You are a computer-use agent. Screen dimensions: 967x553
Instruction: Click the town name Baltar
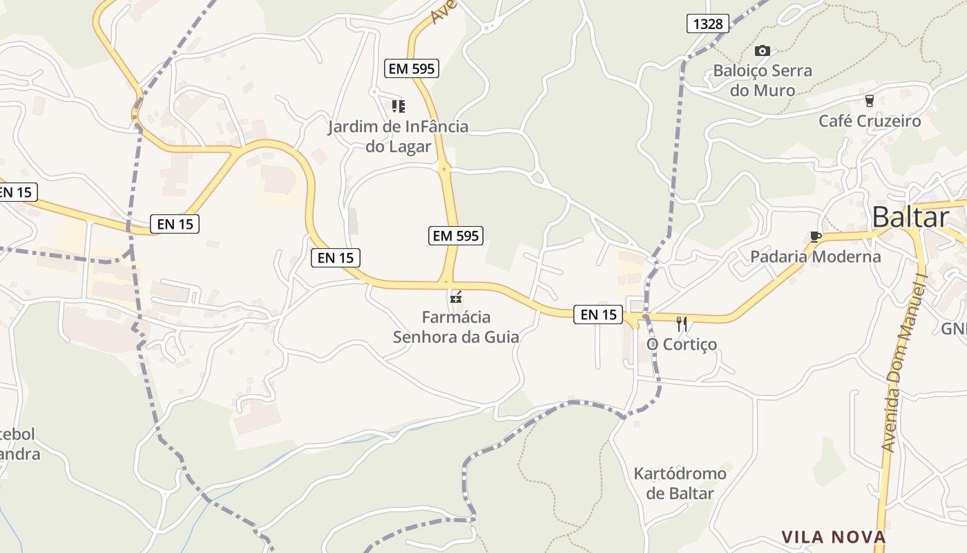coord(910,217)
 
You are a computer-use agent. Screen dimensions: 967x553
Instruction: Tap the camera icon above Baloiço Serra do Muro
coord(763,50)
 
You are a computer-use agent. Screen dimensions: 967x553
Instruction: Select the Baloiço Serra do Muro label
coord(763,80)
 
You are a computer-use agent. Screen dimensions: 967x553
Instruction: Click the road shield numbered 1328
coord(708,24)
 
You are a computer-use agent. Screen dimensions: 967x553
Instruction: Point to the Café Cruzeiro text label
coord(870,121)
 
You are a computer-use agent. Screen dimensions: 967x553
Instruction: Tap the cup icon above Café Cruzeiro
coord(869,100)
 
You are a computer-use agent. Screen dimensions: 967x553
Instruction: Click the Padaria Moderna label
coord(815,256)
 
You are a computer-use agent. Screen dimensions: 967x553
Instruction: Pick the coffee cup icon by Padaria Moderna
coord(815,237)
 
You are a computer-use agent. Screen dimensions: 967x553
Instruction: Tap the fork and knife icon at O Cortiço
coord(682,324)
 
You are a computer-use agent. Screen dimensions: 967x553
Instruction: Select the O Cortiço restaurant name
coord(681,344)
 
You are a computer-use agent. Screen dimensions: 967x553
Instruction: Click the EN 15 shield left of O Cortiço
coord(598,315)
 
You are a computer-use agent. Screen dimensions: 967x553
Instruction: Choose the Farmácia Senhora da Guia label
coord(456,327)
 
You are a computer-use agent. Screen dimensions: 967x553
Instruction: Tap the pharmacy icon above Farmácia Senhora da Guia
coord(455,298)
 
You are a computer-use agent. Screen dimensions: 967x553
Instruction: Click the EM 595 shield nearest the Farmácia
coord(455,235)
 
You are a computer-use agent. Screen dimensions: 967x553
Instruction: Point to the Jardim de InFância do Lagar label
coord(398,136)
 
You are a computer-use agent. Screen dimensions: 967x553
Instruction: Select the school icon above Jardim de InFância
coord(398,106)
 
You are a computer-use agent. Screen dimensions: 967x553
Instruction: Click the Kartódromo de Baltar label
coord(680,483)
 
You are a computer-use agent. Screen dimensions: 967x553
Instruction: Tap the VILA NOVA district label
coord(833,537)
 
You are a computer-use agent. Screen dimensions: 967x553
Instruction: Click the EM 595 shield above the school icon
coord(412,68)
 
